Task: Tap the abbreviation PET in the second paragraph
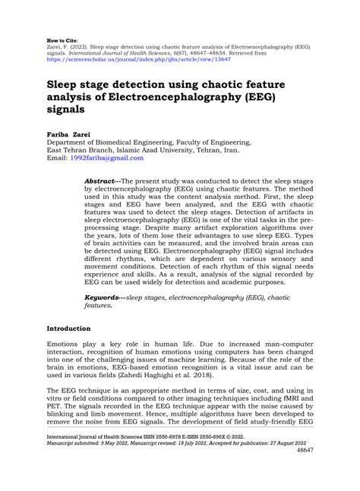[55, 414]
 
